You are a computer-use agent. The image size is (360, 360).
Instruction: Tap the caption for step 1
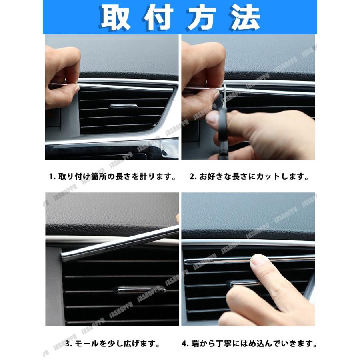coord(113,176)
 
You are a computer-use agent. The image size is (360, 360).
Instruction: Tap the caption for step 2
coord(249,176)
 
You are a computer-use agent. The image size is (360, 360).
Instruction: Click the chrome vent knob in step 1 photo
coord(123,106)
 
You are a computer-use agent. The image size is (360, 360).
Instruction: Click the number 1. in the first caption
coord(52,176)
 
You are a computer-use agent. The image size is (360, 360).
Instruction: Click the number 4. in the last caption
coord(185,343)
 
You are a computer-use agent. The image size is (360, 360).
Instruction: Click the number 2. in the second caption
coord(192,176)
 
